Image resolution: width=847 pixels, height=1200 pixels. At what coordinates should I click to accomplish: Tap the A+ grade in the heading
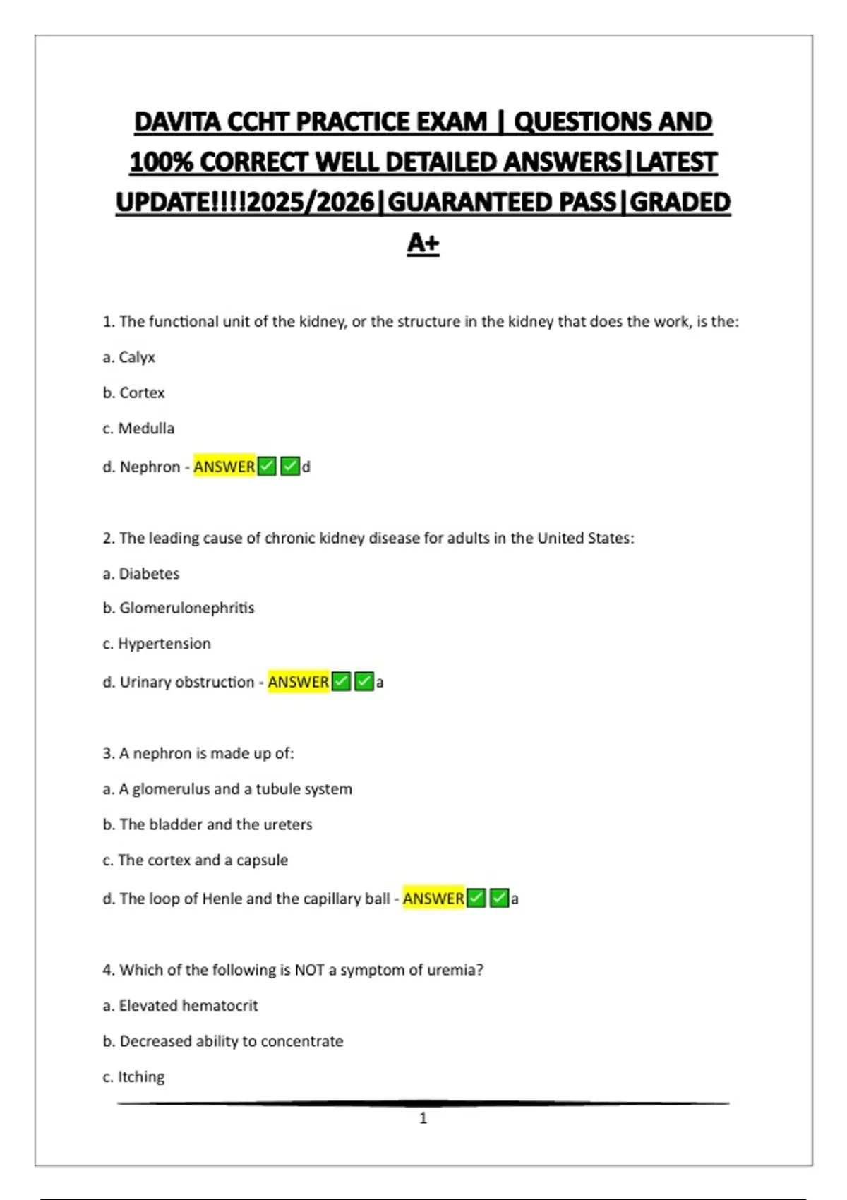coord(423,243)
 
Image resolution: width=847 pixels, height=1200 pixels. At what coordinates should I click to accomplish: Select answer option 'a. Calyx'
coord(128,357)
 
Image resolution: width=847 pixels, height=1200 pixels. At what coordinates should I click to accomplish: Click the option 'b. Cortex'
coord(133,392)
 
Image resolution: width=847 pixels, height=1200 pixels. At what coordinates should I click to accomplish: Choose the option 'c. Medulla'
coord(138,428)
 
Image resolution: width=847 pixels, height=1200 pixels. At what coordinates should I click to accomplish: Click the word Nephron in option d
coord(150,467)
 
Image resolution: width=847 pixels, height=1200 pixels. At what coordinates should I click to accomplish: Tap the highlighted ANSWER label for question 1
coord(224,467)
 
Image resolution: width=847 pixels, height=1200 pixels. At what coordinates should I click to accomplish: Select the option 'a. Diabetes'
coord(140,573)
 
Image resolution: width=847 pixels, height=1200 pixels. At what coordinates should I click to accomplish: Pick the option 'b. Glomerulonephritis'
coord(178,608)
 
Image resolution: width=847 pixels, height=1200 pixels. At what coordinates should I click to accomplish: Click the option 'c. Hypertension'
coord(156,644)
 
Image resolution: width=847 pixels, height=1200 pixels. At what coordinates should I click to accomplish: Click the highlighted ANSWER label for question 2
coord(298,682)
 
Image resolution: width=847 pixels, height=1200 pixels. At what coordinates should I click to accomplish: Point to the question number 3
coord(108,753)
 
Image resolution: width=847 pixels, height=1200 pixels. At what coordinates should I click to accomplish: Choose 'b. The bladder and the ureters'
coord(207,824)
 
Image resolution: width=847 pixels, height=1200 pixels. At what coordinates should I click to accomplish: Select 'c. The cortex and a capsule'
coord(195,860)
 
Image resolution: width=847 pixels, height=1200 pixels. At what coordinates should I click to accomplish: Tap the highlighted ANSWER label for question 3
coord(433,899)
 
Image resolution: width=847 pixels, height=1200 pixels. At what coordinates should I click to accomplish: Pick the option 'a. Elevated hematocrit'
coord(180,1005)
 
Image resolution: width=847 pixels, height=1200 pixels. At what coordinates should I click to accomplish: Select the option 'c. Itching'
coord(133,1076)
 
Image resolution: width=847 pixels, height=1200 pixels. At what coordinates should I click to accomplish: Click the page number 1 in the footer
coord(423,1118)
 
